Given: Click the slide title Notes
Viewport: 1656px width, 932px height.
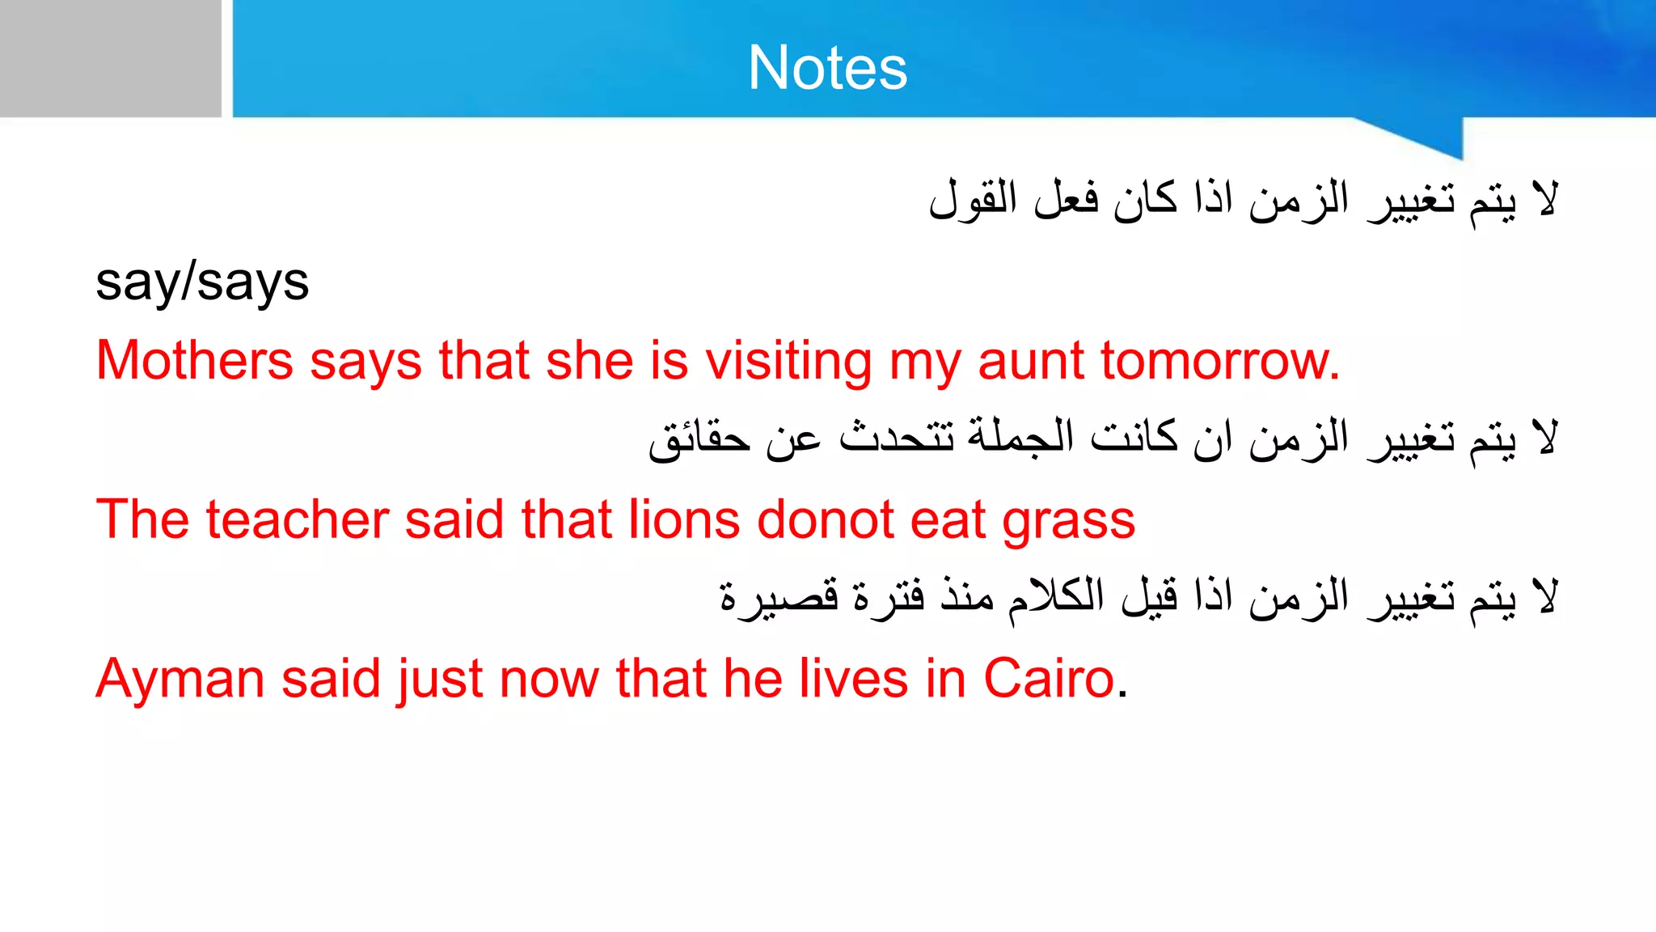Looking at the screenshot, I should pyautogui.click(x=827, y=67).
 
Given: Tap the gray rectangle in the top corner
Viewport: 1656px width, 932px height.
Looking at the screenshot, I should pyautogui.click(x=110, y=58).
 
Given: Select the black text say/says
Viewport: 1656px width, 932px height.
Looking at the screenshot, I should pyautogui.click(x=202, y=283).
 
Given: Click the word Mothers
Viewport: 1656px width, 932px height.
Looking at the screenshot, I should pyautogui.click(x=194, y=360).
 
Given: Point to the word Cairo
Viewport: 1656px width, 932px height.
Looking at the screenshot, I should pyautogui.click(x=1049, y=678).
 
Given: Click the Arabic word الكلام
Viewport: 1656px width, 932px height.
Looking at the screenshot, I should pyautogui.click(x=1056, y=598).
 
